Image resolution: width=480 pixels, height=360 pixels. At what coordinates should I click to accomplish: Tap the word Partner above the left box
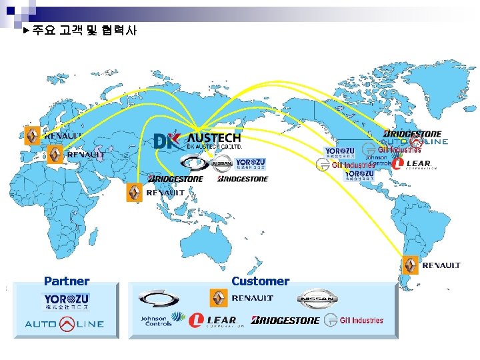click(x=67, y=281)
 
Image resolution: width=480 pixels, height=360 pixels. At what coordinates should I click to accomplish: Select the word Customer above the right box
click(x=260, y=281)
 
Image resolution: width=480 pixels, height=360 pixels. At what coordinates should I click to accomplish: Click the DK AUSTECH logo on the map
click(x=197, y=141)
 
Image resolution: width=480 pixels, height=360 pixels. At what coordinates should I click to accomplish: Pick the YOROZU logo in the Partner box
click(x=67, y=301)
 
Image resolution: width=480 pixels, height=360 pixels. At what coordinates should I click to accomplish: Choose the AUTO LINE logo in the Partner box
click(x=65, y=325)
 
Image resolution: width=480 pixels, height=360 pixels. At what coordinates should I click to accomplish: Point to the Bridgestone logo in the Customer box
click(x=285, y=321)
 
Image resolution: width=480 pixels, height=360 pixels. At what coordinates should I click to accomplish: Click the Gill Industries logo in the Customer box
click(x=354, y=321)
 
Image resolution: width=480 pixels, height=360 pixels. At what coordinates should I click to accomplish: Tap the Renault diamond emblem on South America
click(x=410, y=265)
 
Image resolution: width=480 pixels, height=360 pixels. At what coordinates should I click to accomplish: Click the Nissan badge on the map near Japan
click(x=222, y=163)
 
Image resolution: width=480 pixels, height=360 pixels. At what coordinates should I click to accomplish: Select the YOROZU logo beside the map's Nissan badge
click(x=250, y=163)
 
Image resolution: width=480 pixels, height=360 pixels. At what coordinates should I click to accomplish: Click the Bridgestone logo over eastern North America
click(x=412, y=134)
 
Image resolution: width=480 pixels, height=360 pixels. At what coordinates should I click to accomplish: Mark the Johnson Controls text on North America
click(x=380, y=161)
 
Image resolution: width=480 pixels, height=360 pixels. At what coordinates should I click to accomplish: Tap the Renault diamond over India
click(x=135, y=193)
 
